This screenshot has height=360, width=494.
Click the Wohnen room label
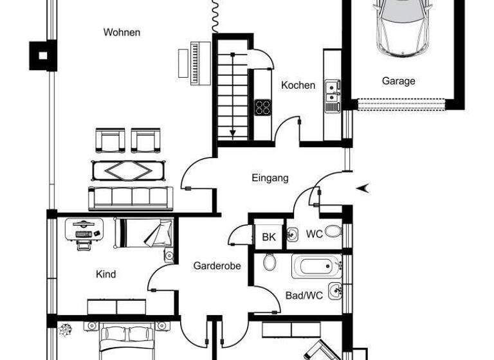point(122,32)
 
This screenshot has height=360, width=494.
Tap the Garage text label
point(398,81)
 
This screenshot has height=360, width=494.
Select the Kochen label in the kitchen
point(298,85)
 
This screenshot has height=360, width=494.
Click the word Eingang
point(270,178)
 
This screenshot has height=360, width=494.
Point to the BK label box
point(269,237)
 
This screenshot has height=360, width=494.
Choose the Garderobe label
point(217,265)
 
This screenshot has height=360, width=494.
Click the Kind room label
point(106,274)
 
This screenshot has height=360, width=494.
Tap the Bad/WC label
point(304,296)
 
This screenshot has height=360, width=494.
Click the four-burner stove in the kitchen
point(263,107)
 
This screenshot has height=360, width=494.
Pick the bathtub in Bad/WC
point(316,266)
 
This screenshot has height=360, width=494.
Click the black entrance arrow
point(363,188)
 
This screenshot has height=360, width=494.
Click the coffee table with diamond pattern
point(129,170)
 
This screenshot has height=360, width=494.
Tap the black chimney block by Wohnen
point(44,55)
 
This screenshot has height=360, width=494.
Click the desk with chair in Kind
point(84,231)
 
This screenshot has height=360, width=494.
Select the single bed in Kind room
point(143,233)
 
